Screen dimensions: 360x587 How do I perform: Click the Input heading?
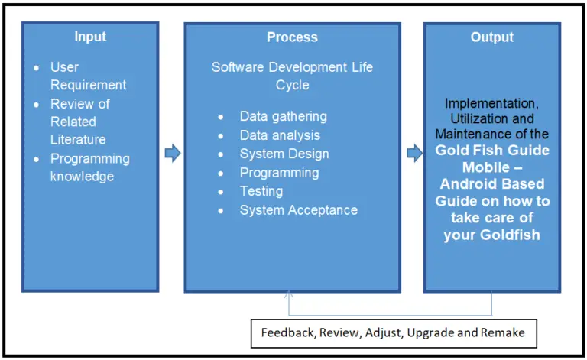click(x=90, y=37)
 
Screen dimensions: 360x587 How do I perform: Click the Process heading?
click(x=292, y=37)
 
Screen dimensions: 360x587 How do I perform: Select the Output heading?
click(x=492, y=37)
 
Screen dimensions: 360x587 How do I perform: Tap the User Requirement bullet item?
click(x=88, y=76)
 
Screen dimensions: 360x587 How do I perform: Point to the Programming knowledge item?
click(x=89, y=167)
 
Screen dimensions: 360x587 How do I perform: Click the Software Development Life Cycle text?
click(x=292, y=76)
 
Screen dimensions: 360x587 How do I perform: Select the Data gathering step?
click(x=283, y=116)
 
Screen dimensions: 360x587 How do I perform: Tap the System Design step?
click(x=284, y=154)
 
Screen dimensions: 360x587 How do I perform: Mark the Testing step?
click(x=261, y=191)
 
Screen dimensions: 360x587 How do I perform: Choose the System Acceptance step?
click(x=298, y=209)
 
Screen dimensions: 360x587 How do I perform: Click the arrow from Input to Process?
click(x=172, y=154)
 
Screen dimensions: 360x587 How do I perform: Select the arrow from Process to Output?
click(x=413, y=154)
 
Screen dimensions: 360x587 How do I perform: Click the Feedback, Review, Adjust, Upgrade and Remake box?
click(x=394, y=332)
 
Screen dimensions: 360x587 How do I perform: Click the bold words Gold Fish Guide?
click(x=492, y=151)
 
